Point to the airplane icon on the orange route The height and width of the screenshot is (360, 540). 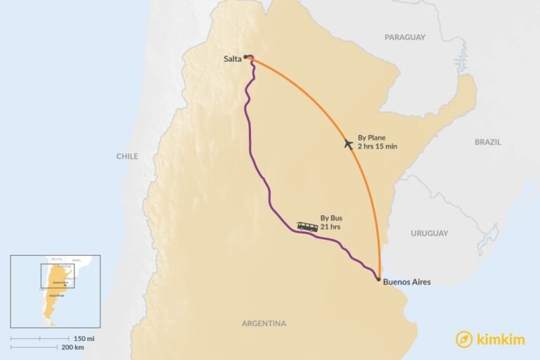coord(348,144)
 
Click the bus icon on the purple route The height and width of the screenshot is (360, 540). coord(307,226)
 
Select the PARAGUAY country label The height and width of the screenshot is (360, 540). coord(405,37)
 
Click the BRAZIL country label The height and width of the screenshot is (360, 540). coord(488,141)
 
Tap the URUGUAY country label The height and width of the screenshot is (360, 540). coord(430,233)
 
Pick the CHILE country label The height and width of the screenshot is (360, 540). coord(127,156)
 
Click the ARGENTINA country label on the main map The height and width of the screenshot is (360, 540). coord(264,323)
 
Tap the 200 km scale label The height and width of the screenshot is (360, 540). coord(73,347)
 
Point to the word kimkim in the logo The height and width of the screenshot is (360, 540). coord(500,339)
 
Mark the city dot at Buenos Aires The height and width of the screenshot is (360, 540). coord(379,279)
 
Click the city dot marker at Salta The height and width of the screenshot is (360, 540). coord(245,57)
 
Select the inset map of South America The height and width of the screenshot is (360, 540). coord(55,290)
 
